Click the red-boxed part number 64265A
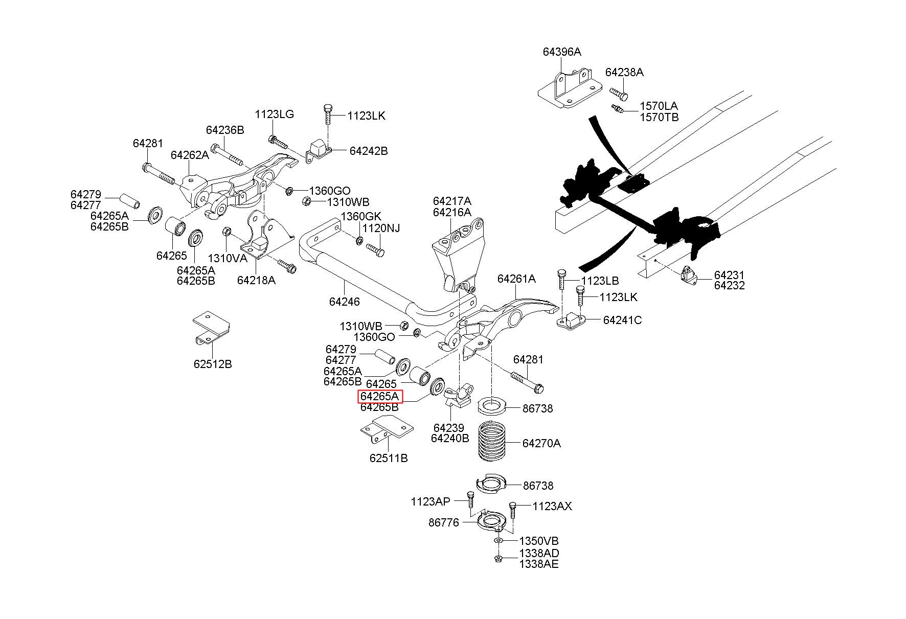(380, 397)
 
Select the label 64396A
(561, 52)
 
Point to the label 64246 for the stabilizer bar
(344, 302)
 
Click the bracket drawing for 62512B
(211, 327)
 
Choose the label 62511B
(389, 458)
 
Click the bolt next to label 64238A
(618, 94)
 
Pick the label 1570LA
(659, 106)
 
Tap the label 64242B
(368, 151)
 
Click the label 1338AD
(539, 553)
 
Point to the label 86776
(443, 522)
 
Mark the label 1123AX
(552, 507)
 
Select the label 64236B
(225, 130)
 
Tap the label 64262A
(190, 155)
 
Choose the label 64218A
(256, 280)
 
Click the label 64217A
(451, 201)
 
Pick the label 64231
(729, 276)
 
